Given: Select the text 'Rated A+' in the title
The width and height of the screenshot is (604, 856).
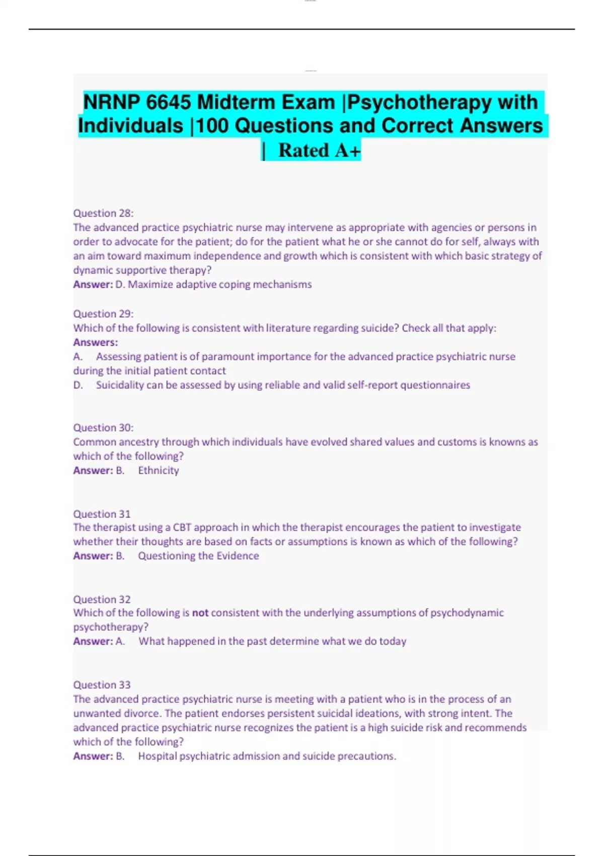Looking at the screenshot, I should [x=319, y=150].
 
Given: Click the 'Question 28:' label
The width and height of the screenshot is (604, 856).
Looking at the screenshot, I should [x=103, y=213].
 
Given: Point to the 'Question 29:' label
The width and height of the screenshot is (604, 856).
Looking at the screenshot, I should [x=103, y=314].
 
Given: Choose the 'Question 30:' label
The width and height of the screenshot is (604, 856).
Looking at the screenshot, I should [x=103, y=427].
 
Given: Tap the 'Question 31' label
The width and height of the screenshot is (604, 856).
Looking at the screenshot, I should [x=102, y=514].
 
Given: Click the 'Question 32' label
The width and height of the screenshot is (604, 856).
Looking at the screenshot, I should [x=102, y=599].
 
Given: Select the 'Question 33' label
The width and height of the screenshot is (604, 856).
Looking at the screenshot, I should [x=102, y=685].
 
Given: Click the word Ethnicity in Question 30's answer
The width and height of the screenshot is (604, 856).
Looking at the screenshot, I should [x=159, y=470].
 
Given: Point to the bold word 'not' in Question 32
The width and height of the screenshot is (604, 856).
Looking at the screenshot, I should [x=200, y=613].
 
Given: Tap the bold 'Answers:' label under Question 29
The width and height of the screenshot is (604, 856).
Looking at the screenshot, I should [x=96, y=342].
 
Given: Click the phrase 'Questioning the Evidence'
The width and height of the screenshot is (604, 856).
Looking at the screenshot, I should [x=198, y=556].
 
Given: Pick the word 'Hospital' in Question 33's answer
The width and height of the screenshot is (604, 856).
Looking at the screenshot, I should [x=158, y=756].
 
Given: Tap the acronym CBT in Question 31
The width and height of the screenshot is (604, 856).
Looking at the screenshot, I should [x=182, y=528].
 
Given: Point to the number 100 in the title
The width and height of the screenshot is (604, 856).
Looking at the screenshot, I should [x=212, y=126].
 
